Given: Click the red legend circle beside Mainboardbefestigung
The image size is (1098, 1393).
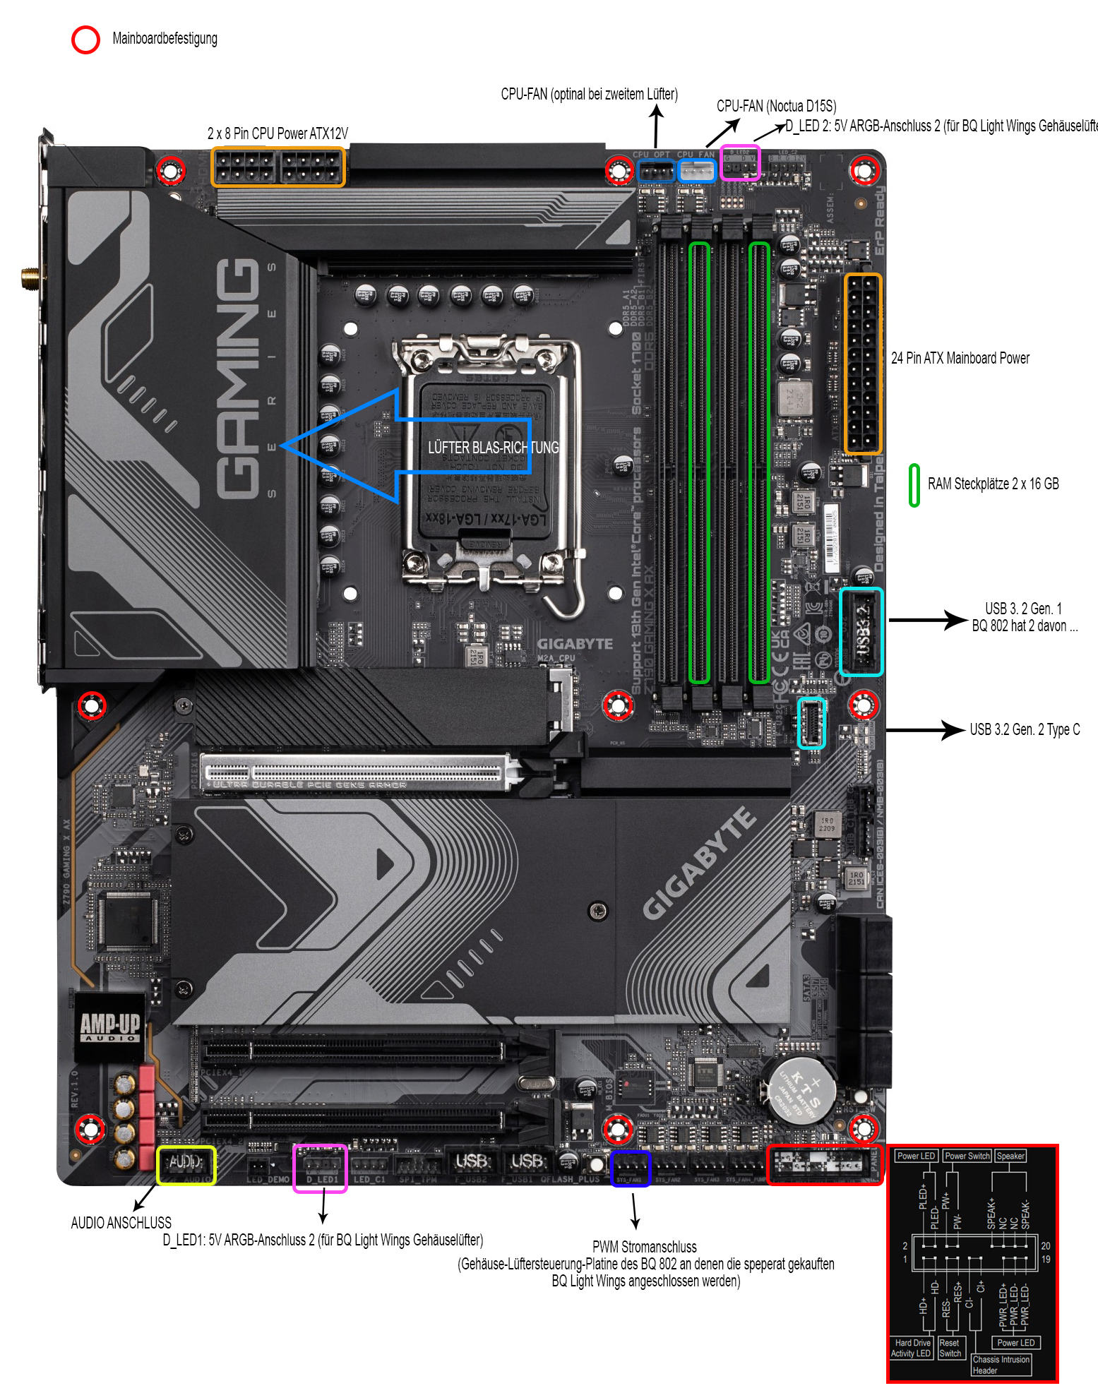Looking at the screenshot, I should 85,40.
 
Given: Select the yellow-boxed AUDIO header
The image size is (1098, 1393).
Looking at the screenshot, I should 186,1164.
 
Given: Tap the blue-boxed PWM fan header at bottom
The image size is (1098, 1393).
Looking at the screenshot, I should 630,1168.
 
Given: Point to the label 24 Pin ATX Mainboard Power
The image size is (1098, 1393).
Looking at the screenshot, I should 960,358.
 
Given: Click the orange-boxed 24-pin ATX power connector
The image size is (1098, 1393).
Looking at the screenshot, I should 863,363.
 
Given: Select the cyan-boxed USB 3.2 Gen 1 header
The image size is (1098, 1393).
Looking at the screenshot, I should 861,631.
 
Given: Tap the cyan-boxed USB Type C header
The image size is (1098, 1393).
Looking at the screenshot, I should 811,722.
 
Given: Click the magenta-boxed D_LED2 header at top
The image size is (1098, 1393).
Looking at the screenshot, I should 739,163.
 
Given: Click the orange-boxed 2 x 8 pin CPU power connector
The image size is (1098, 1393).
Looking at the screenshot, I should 278,167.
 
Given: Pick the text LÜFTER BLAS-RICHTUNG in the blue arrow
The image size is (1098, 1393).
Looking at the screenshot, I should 493,448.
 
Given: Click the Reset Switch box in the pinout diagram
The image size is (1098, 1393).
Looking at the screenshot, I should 950,1348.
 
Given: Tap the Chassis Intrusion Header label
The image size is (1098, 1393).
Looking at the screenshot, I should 1001,1364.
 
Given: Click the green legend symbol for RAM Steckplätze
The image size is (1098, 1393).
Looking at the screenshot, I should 914,485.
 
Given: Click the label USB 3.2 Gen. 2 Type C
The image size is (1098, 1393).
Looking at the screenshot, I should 1024,729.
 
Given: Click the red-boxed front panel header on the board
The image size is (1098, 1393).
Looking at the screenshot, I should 823,1164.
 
